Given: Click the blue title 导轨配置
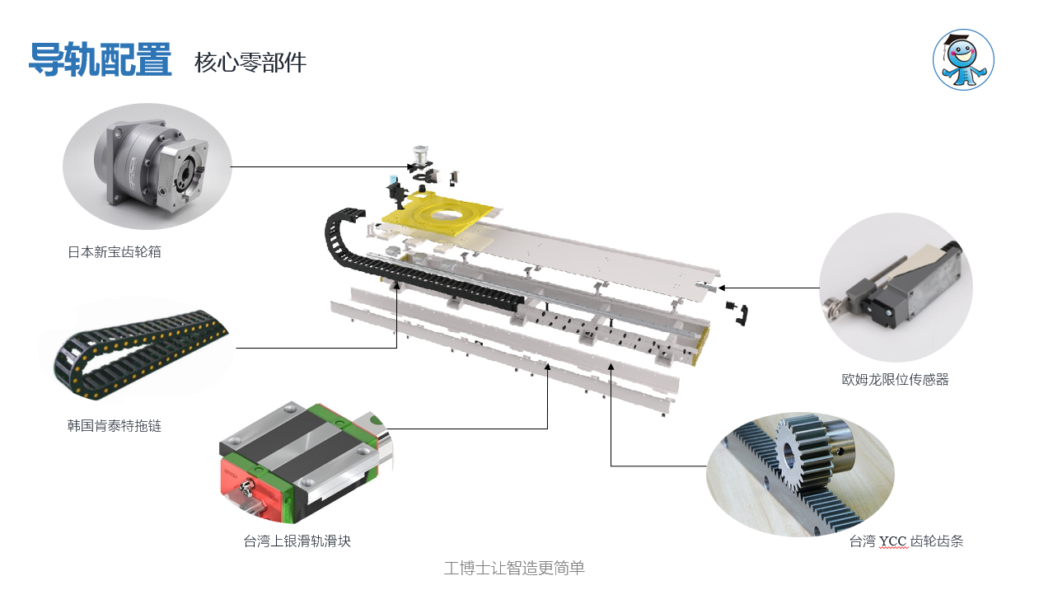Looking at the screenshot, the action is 101,59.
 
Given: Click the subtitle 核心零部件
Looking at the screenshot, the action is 250,63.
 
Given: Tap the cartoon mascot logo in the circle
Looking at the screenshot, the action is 963,59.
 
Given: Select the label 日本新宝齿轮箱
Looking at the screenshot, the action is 114,252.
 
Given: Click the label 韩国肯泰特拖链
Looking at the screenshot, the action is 114,426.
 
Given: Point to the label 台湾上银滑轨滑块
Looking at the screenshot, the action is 297,541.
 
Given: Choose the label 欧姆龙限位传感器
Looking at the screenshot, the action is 895,379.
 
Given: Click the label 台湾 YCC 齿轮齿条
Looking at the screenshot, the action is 906,541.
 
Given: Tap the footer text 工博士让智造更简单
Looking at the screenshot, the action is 514,568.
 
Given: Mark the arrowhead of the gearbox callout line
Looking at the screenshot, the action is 410,167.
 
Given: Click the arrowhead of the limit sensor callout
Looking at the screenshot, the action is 721,288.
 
